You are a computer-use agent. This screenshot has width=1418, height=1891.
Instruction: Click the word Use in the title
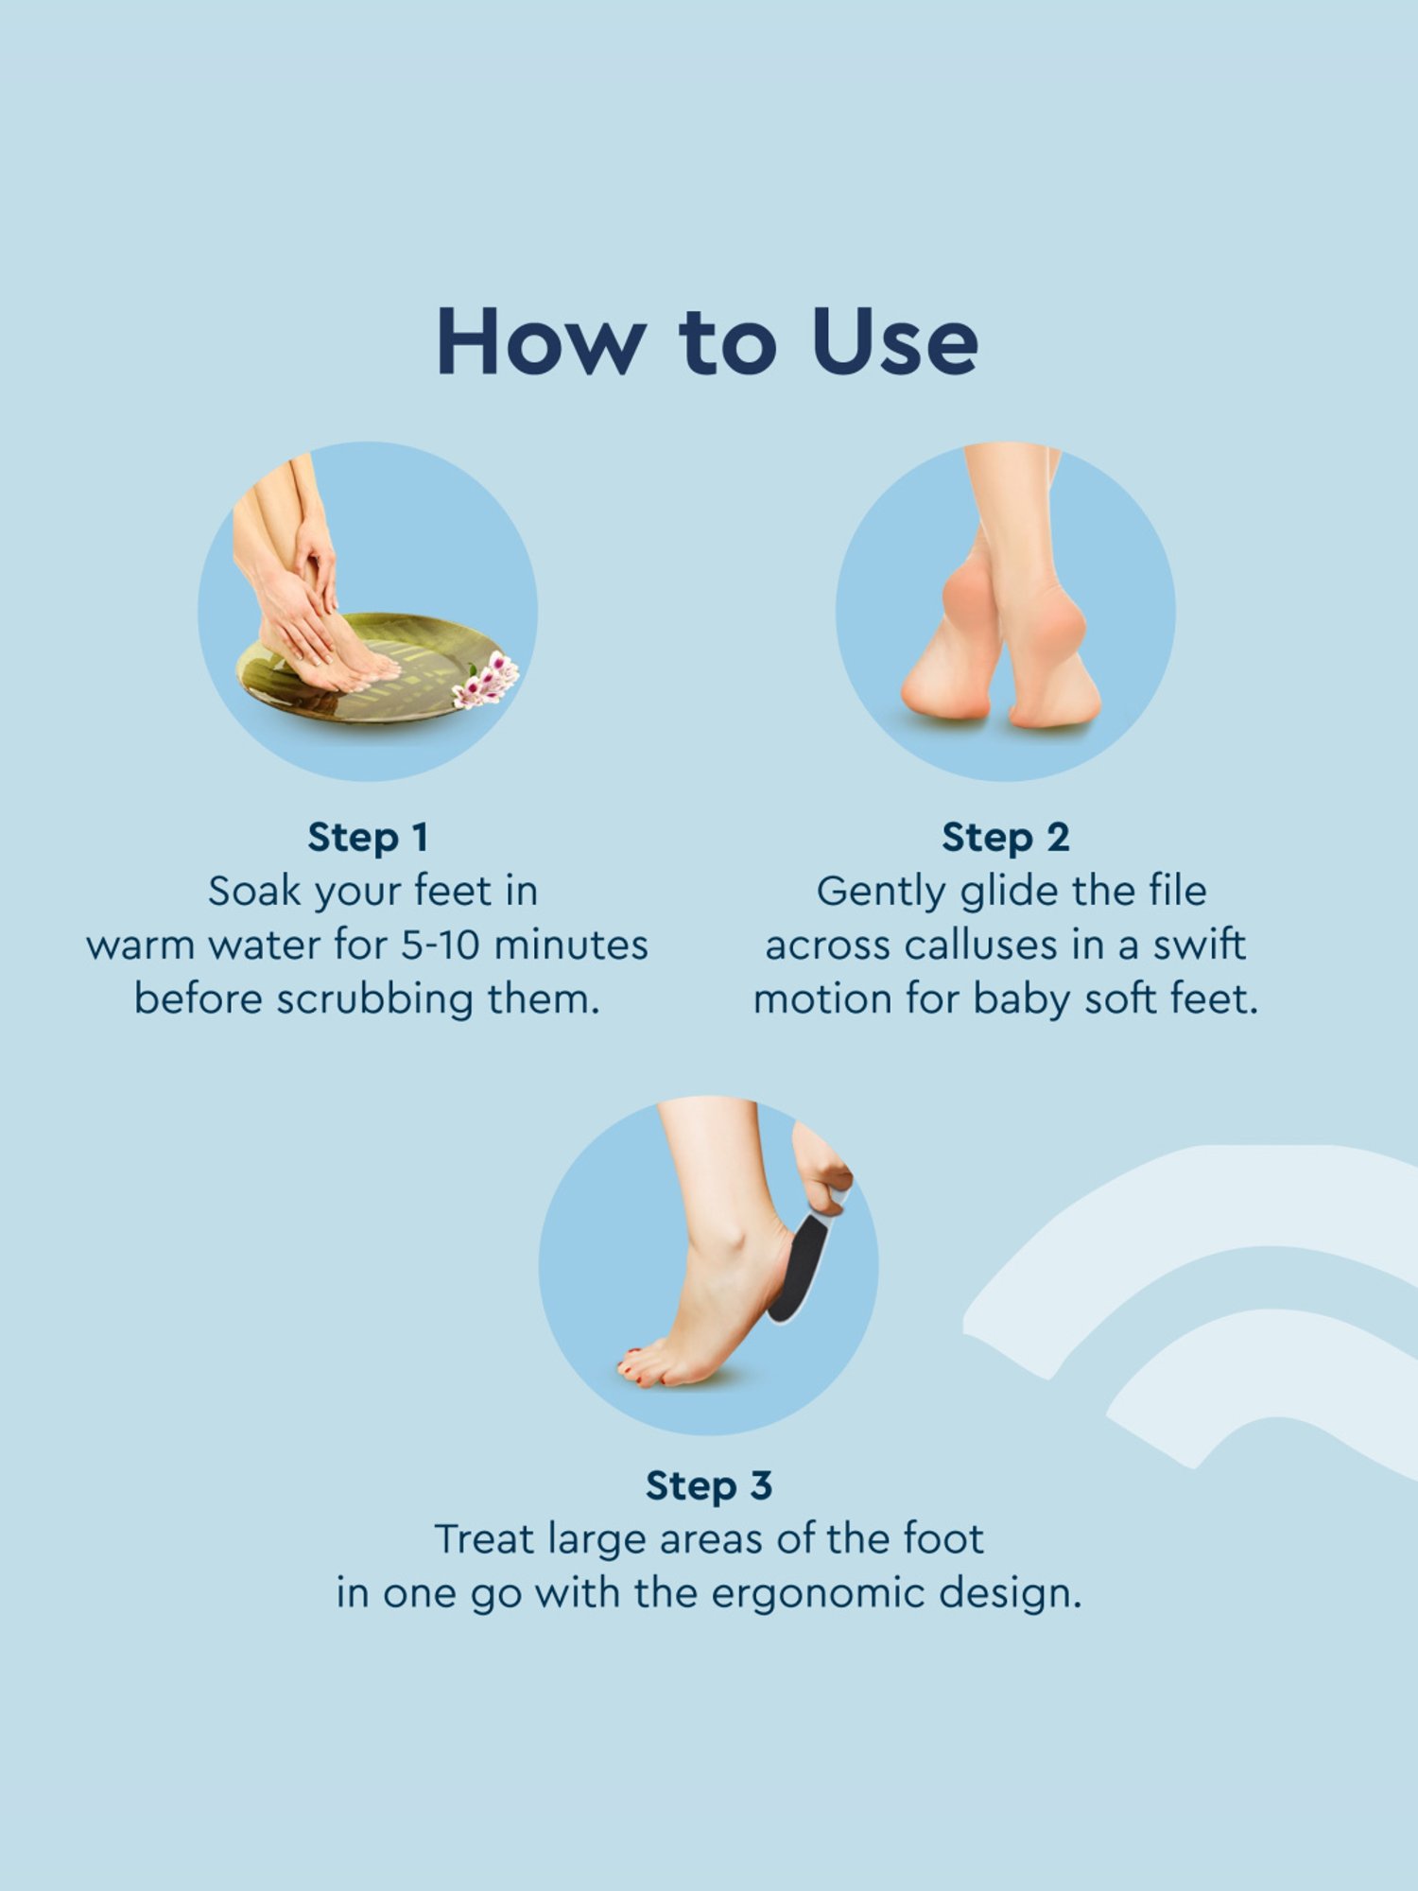point(894,341)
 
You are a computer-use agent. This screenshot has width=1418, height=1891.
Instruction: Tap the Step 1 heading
point(369,838)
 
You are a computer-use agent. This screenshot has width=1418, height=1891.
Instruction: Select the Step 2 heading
point(1006,838)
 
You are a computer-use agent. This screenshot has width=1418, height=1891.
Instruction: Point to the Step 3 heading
point(709,1486)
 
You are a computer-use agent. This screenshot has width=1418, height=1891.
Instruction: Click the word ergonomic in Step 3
point(819,1596)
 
